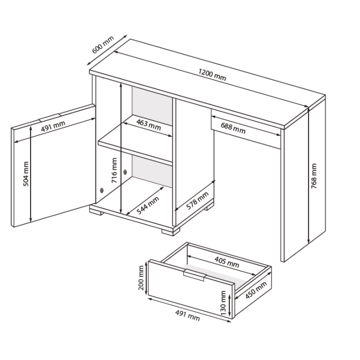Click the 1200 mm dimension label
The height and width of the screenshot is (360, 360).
(x=212, y=74)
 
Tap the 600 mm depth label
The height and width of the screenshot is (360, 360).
(x=103, y=44)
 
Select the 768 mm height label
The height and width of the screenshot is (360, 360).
(x=314, y=176)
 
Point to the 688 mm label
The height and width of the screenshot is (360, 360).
(x=233, y=128)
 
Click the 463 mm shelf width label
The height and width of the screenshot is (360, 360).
(x=148, y=125)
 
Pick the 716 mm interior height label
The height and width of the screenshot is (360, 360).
(x=114, y=170)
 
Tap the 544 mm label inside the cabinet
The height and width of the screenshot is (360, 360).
(x=148, y=206)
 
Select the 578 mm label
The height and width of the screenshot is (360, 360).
(x=197, y=201)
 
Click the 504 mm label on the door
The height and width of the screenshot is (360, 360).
(x=26, y=174)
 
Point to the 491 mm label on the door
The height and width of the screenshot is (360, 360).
(x=53, y=126)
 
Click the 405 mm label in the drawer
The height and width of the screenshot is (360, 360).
(x=227, y=262)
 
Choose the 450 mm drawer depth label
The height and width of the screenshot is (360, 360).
(x=256, y=290)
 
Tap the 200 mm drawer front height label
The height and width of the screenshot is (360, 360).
(x=141, y=278)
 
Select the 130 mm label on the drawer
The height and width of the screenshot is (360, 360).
(x=223, y=303)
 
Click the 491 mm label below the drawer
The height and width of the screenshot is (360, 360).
(x=187, y=316)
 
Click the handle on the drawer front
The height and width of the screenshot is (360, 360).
(x=194, y=275)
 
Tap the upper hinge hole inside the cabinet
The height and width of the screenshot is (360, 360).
(x=125, y=172)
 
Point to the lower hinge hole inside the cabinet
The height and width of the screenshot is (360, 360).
(x=102, y=190)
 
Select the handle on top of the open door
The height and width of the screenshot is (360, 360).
(x=49, y=117)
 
